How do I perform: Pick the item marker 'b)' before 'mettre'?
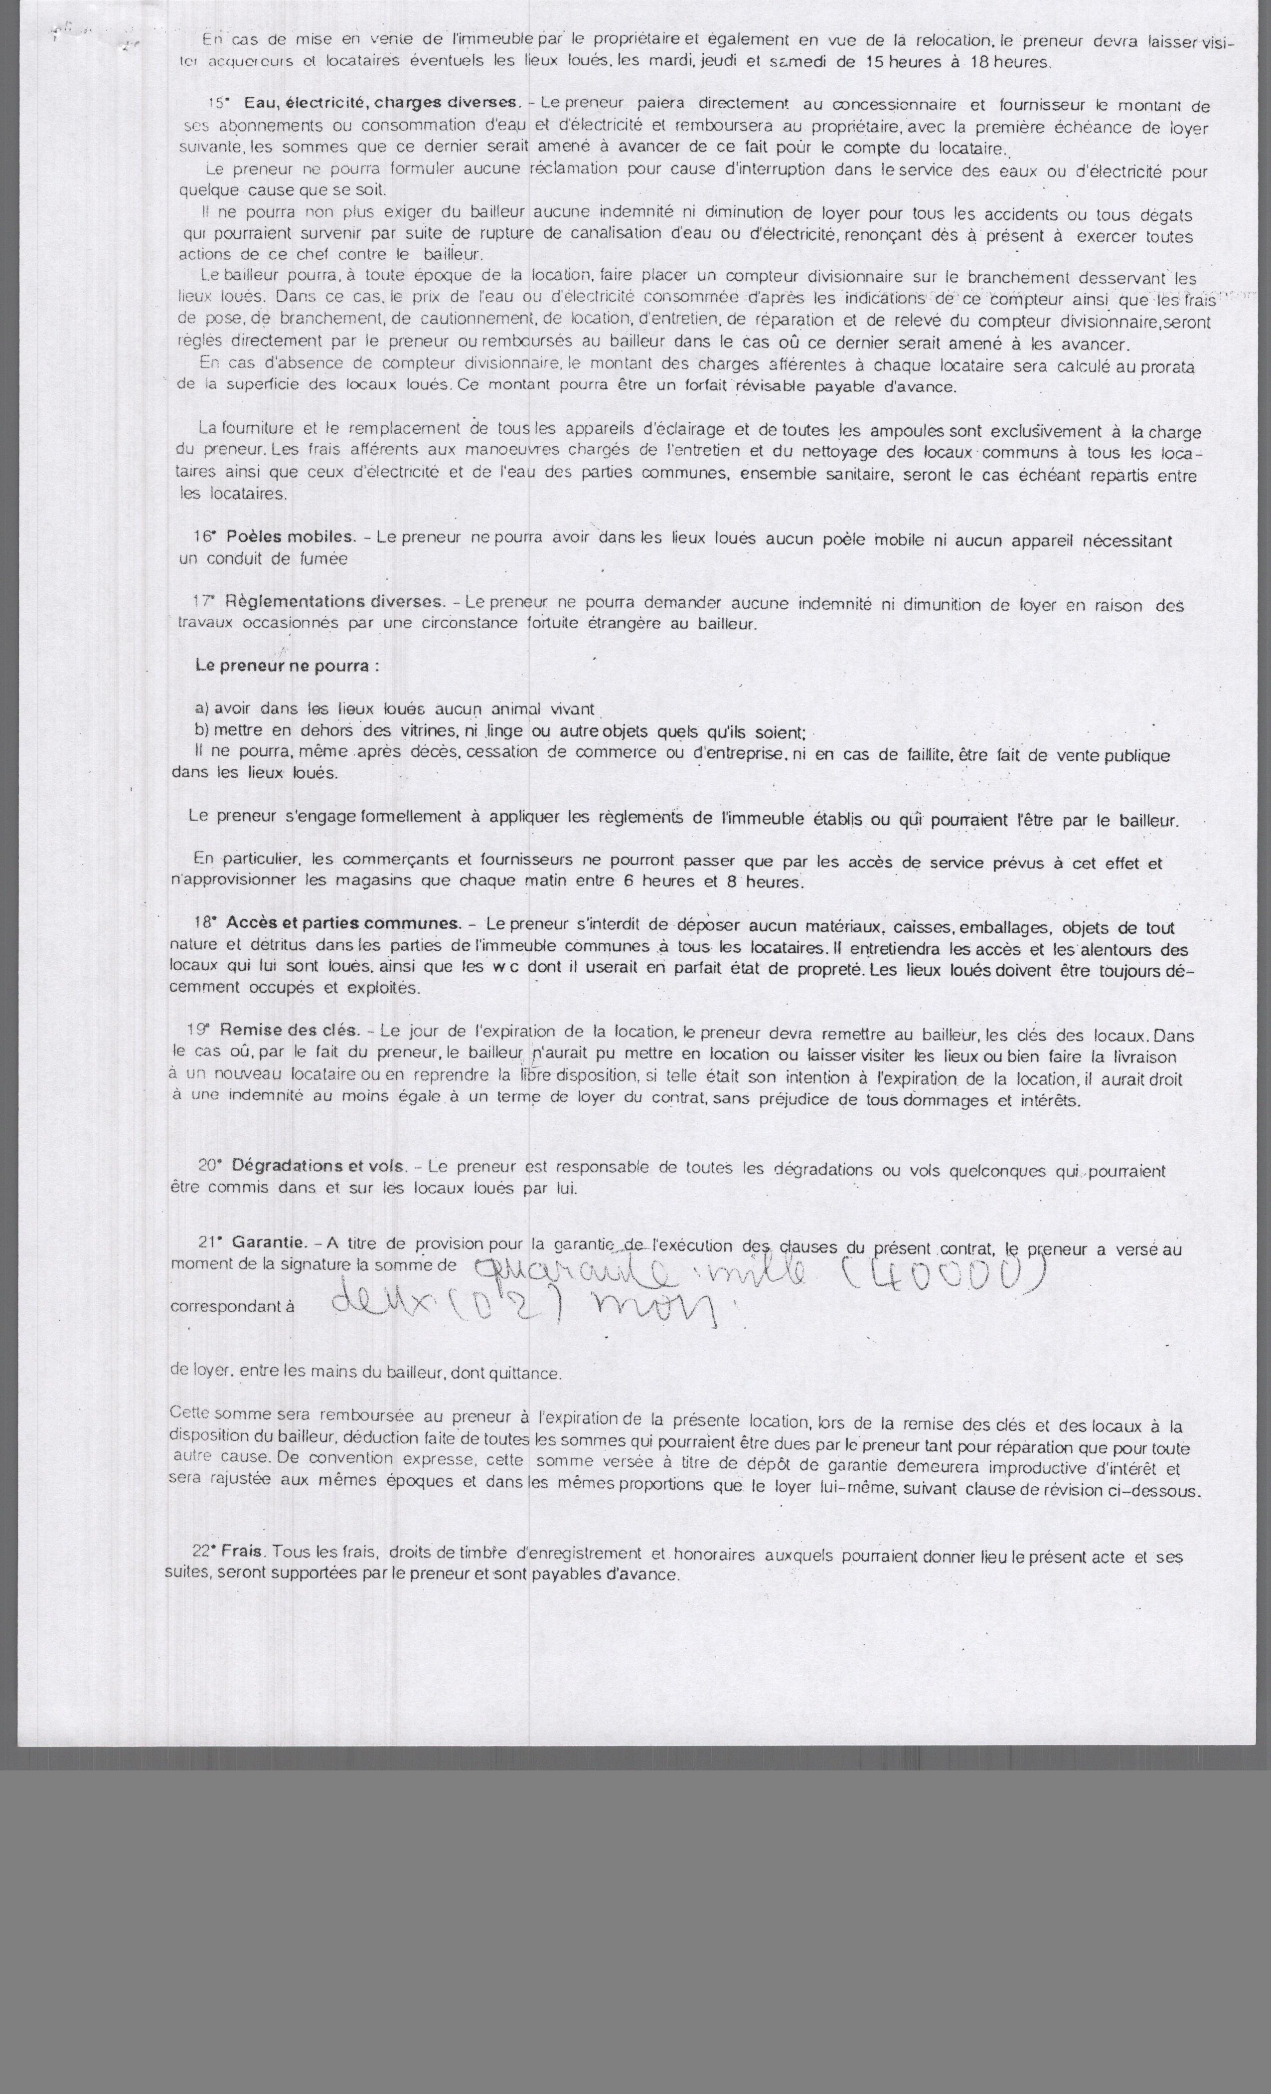pyautogui.click(x=203, y=731)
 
